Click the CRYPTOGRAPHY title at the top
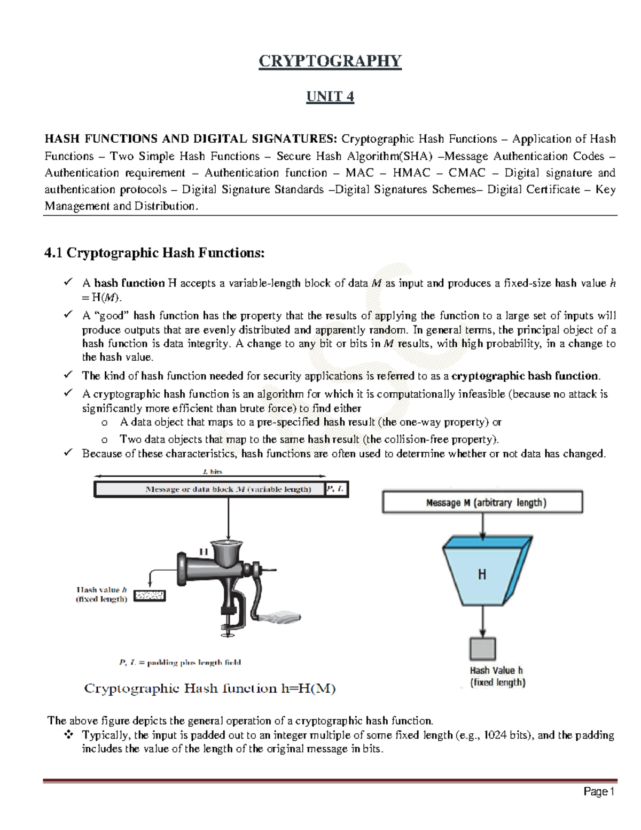click(x=330, y=61)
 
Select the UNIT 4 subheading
click(x=330, y=97)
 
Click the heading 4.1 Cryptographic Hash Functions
click(x=154, y=253)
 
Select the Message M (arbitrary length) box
click(x=482, y=502)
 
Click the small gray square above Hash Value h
click(x=482, y=649)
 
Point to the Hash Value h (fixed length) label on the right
click(x=497, y=677)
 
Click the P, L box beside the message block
click(x=337, y=489)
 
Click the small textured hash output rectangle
click(x=149, y=595)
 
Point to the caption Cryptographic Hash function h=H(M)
click(x=209, y=689)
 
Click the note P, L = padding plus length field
click(x=179, y=663)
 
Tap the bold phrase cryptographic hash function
click(x=525, y=376)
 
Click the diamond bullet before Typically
click(x=69, y=735)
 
